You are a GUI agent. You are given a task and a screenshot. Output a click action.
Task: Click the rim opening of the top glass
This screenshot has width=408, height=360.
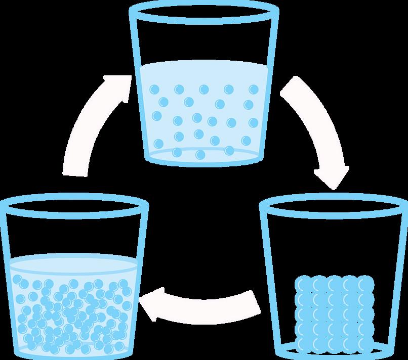[x=204, y=11]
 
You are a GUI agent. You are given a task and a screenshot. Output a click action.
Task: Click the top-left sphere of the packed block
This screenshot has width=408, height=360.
[x=302, y=282]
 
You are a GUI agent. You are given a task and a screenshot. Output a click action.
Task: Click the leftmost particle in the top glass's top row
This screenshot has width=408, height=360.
[x=154, y=89]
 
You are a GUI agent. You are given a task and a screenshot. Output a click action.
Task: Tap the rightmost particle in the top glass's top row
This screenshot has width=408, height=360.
[x=253, y=89]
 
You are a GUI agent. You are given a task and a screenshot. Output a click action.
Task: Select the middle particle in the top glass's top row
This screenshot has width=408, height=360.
[x=204, y=89]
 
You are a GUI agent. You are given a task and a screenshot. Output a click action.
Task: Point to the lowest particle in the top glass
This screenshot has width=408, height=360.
[x=200, y=154]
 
